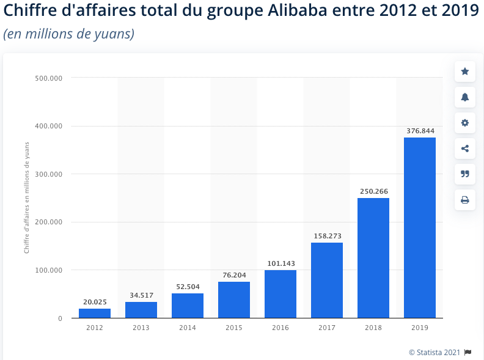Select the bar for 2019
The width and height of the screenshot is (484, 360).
(420, 227)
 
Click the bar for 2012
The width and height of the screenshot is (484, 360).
(95, 313)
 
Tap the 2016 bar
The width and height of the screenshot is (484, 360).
(280, 294)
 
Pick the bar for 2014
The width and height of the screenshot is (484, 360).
(188, 306)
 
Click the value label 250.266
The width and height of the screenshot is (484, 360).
(374, 191)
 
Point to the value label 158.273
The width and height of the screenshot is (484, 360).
(328, 236)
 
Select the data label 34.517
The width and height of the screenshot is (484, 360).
(141, 295)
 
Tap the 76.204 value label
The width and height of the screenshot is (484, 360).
(234, 275)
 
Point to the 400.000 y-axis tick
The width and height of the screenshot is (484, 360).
(48, 126)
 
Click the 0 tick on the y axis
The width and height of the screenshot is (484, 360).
(60, 318)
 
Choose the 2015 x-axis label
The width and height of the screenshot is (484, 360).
(234, 328)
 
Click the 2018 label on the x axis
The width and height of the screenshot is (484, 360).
(373, 328)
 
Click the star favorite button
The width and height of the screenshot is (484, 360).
(465, 72)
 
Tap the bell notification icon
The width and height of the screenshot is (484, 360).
(465, 97)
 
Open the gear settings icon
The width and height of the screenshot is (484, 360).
(465, 123)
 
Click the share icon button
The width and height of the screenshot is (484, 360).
(465, 149)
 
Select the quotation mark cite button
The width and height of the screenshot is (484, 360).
(465, 174)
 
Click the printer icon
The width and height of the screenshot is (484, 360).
(465, 200)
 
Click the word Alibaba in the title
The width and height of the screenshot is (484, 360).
(297, 10)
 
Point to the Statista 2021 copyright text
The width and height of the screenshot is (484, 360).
(435, 352)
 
